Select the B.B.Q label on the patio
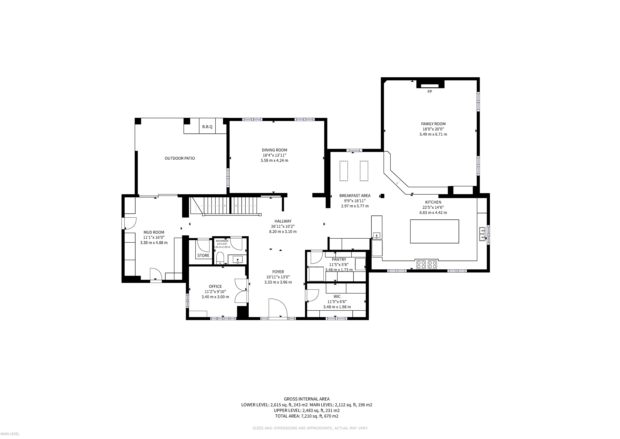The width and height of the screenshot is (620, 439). pyautogui.click(x=207, y=126)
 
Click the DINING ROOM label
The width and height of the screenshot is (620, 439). pyautogui.click(x=274, y=150)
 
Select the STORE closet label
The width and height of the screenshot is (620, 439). pyautogui.click(x=203, y=255)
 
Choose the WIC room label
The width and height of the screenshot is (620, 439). pyautogui.click(x=337, y=297)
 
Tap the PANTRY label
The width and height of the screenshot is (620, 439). pyautogui.click(x=339, y=260)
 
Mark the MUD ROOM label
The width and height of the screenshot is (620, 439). pyautogui.click(x=154, y=232)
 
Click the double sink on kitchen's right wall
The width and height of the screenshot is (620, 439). pyautogui.click(x=482, y=234)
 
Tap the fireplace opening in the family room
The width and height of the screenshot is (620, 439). pyautogui.click(x=430, y=86)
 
